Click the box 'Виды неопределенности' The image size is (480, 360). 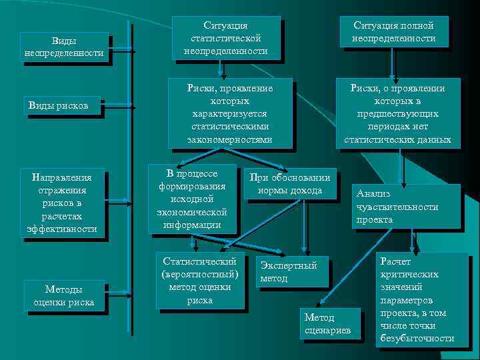click(63, 47)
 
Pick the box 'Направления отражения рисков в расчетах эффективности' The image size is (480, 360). click(63, 203)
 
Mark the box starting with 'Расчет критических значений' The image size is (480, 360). click(417, 299)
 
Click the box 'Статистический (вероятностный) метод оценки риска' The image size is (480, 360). click(199, 280)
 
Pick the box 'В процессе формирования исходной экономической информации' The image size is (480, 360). click(192, 199)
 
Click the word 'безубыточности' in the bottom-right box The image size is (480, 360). click(417, 339)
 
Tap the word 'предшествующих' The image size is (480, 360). click(397, 113)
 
